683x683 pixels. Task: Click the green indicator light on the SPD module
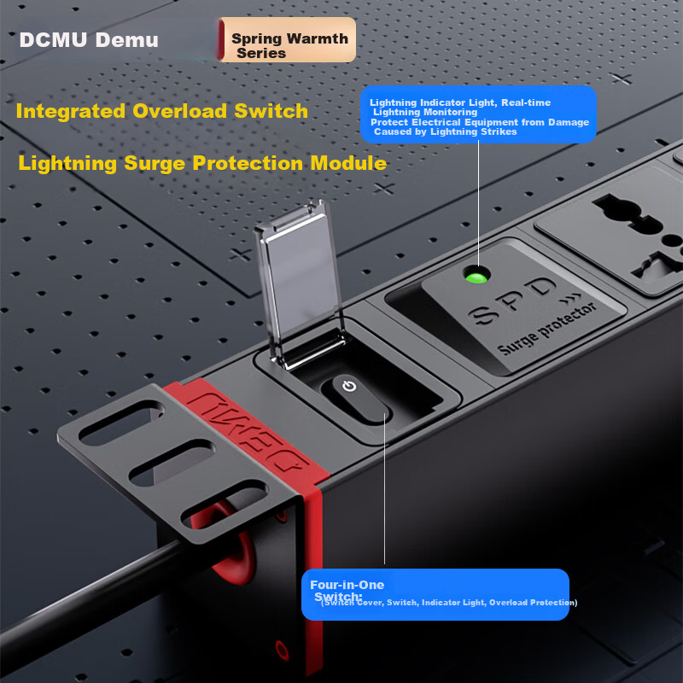pyautogui.click(x=476, y=276)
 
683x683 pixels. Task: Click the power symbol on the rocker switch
pyautogui.click(x=349, y=386)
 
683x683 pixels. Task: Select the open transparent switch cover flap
pyautogui.click(x=301, y=283)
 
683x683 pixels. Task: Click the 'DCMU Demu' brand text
pyautogui.click(x=89, y=39)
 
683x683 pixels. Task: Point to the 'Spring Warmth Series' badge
pyautogui.click(x=287, y=39)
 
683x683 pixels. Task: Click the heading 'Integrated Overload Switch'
pyautogui.click(x=162, y=111)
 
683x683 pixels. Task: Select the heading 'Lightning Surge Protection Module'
pyautogui.click(x=202, y=163)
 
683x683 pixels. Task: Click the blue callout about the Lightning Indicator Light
pyautogui.click(x=478, y=114)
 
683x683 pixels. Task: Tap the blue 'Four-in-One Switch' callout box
pyautogui.click(x=435, y=594)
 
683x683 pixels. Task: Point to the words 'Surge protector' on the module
pyautogui.click(x=547, y=328)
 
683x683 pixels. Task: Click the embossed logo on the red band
pyautogui.click(x=249, y=431)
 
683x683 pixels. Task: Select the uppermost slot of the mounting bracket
pyautogui.click(x=121, y=423)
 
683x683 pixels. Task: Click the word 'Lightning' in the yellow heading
pyautogui.click(x=67, y=164)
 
